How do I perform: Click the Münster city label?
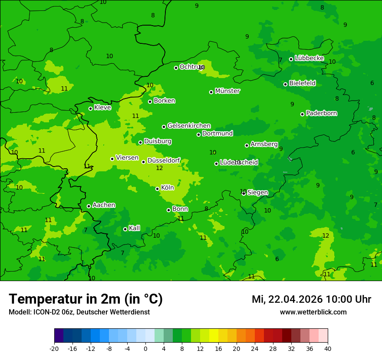pos(227,91)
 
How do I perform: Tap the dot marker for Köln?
pos(158,189)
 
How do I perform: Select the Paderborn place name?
pos(321,113)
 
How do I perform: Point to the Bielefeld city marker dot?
pos(286,84)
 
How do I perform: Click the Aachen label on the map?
pos(104,205)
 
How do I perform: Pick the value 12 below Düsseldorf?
pos(159,168)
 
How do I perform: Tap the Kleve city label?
pos(102,108)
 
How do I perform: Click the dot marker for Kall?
pos(125,229)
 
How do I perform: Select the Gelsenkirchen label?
pos(189,126)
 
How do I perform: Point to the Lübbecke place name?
pos(309,58)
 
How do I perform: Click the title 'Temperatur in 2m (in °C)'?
pos(86,299)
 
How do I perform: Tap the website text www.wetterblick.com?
pos(313,312)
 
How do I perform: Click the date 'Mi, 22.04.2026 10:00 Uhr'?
pos(311,299)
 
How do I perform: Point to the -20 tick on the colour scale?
pos(54,349)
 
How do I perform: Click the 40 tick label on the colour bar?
pos(328,349)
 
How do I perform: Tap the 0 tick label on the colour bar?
pos(145,349)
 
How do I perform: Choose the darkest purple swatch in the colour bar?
pos(59,336)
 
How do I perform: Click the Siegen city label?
pos(257,193)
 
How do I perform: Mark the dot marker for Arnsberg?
pos(247,145)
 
